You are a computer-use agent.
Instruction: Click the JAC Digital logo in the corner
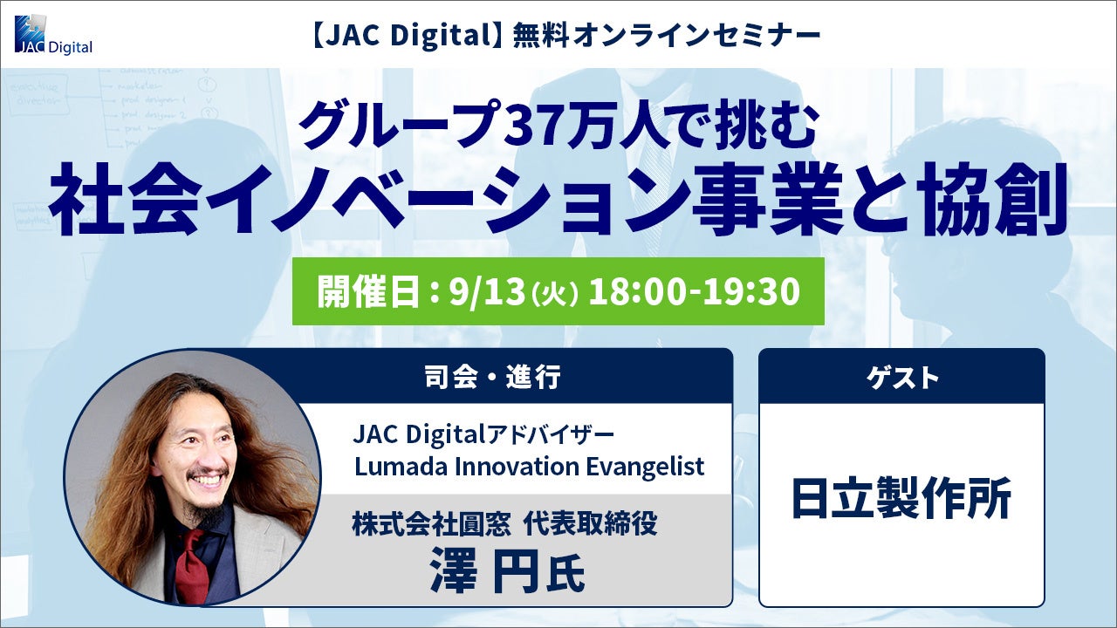point(53,35)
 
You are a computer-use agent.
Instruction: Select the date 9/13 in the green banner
point(487,291)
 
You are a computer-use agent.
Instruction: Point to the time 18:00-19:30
point(694,291)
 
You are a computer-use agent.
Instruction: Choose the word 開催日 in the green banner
point(368,292)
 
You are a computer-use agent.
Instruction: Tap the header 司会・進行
point(492,376)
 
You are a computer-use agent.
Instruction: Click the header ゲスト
point(901,378)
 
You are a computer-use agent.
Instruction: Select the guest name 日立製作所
point(901,497)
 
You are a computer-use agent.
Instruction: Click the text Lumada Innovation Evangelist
point(529,467)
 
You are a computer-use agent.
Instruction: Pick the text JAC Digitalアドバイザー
point(483,435)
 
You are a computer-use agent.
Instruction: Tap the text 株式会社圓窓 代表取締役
point(504,525)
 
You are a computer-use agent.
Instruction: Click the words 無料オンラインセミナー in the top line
point(667,37)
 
